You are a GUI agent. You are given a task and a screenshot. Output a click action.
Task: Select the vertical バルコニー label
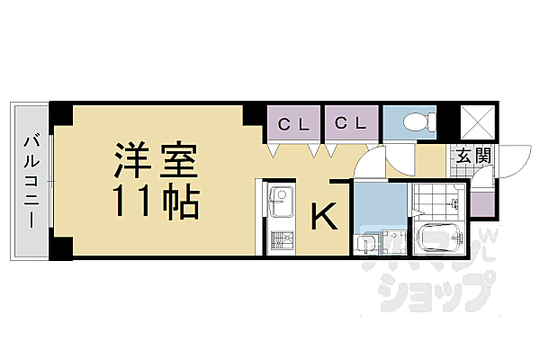pos(32,179)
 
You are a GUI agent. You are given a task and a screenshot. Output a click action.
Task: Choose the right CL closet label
pos(351,125)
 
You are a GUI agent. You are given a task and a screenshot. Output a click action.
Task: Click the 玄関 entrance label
pos(472,156)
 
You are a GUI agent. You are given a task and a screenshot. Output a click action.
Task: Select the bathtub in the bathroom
pos(438,238)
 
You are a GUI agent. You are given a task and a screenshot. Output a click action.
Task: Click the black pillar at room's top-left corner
pos(61,114)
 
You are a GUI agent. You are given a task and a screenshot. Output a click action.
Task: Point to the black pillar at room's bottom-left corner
pos(61,251)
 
